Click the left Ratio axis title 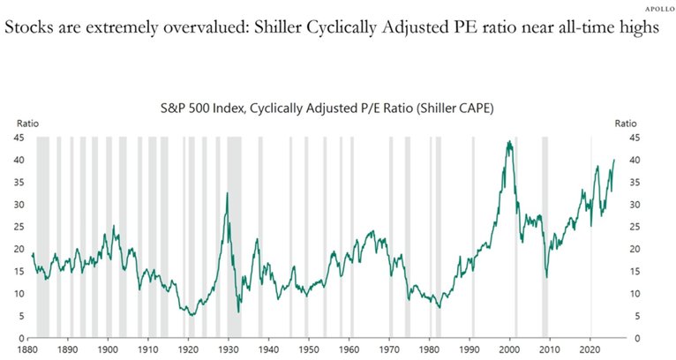coord(20,123)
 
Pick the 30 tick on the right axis coord(635,204)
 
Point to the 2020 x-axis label coord(590,349)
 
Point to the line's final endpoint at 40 coord(614,160)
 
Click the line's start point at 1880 coord(32,254)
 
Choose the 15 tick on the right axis coord(635,271)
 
